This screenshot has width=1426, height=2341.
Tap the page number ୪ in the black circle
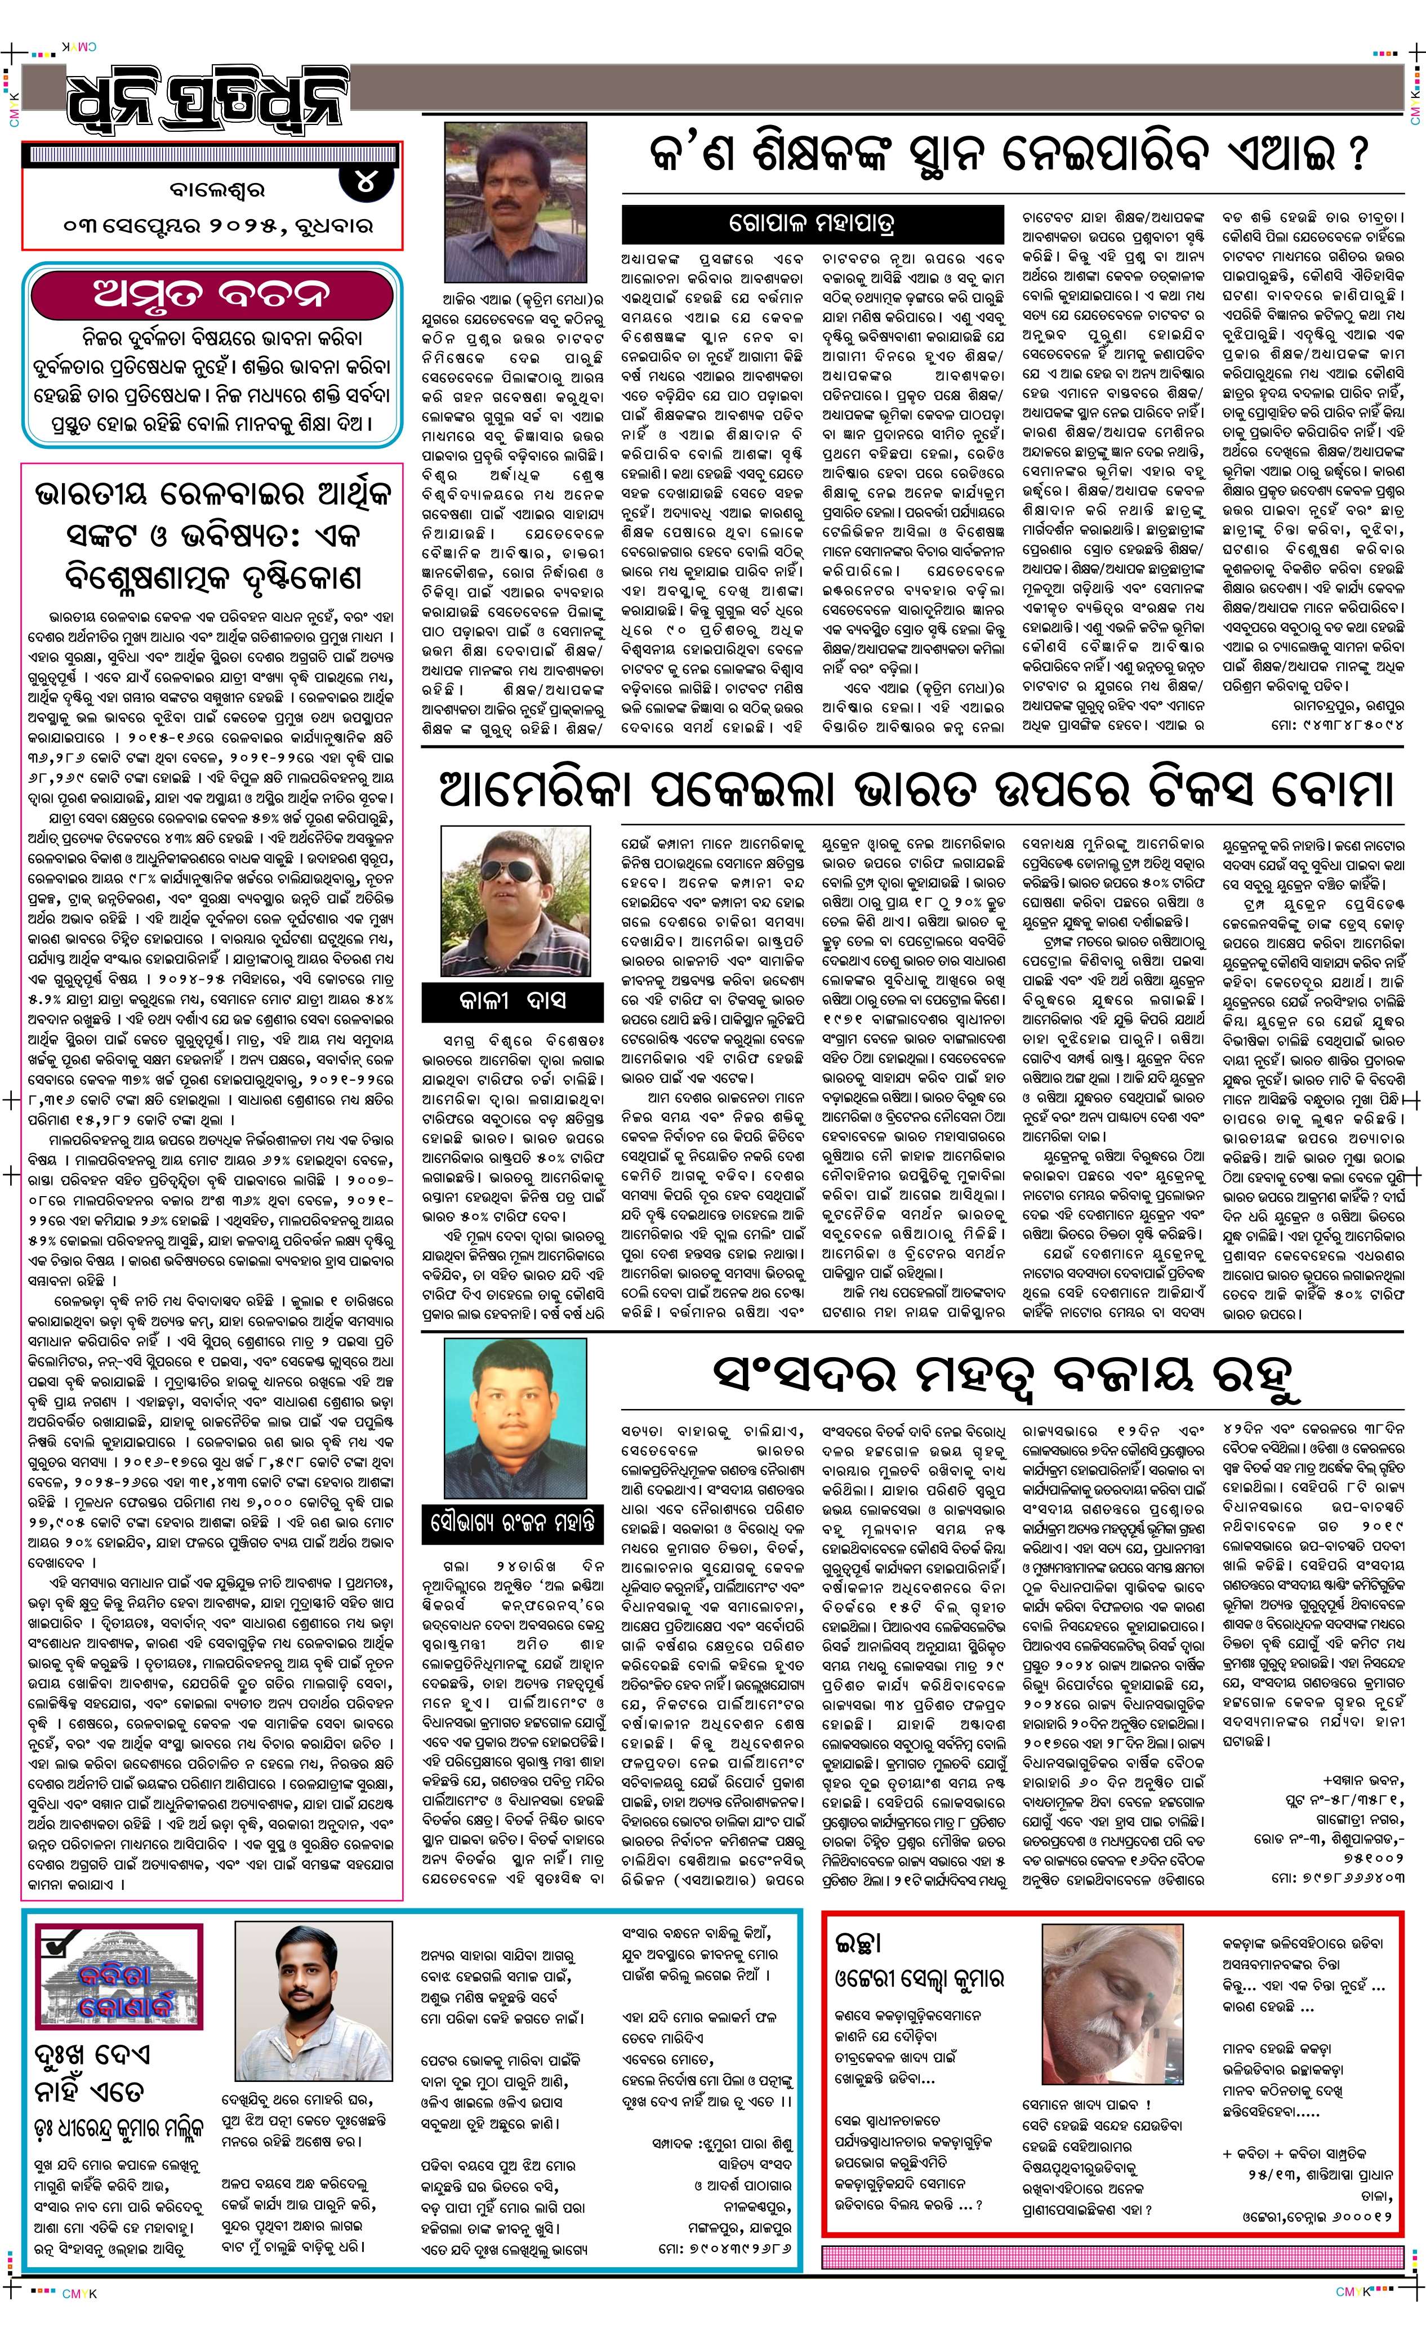tap(366, 182)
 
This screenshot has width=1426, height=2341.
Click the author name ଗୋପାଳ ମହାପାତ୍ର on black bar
tap(812, 224)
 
